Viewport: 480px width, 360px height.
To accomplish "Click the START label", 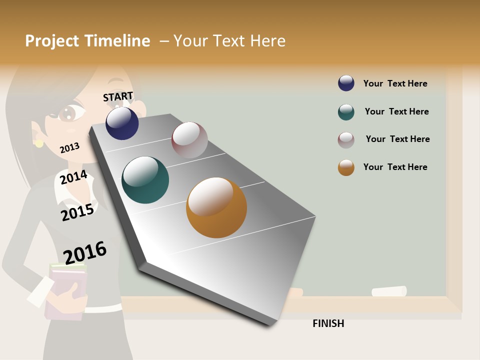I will coord(118,96).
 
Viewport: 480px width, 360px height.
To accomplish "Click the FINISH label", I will coord(328,323).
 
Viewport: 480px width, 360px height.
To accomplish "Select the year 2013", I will coord(69,147).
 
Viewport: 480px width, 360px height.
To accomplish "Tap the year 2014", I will coord(73,177).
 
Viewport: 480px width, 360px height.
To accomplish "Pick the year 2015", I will coord(77,212).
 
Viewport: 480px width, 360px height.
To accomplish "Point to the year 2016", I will coord(85,252).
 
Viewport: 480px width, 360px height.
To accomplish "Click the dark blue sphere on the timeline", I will coord(122,123).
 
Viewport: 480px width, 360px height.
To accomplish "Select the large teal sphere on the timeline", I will coord(145,180).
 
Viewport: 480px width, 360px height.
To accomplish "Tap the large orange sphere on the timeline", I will coord(216,207).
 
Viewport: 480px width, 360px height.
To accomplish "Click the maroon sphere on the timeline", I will coord(189,140).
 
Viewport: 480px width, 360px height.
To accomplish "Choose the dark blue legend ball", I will coord(346,83).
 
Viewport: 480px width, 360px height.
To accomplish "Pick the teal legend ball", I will coord(346,112).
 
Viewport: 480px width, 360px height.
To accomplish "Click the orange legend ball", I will coord(346,167).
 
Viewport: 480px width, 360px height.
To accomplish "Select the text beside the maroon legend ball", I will coord(397,139).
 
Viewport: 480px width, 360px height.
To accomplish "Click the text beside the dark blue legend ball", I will coord(395,83).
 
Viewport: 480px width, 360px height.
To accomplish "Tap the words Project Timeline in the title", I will coord(87,41).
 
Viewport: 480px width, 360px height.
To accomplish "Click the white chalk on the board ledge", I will coord(388,291).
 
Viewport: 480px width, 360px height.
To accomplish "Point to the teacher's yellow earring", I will coord(39,143).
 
